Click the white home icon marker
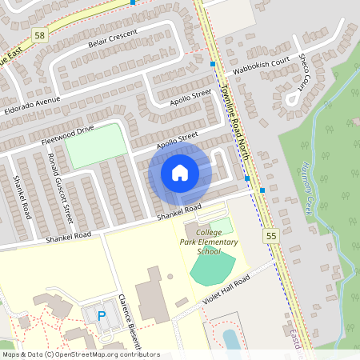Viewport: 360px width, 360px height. (180, 173)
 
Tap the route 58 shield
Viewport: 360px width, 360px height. (40, 34)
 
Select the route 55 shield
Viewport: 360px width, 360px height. (270, 237)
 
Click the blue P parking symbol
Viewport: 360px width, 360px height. (102, 316)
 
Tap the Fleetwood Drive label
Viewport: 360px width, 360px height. (68, 133)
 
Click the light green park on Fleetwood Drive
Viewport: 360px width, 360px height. (96, 146)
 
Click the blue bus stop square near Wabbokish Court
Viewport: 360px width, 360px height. (213, 64)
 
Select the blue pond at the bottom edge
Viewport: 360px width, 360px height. (230, 339)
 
